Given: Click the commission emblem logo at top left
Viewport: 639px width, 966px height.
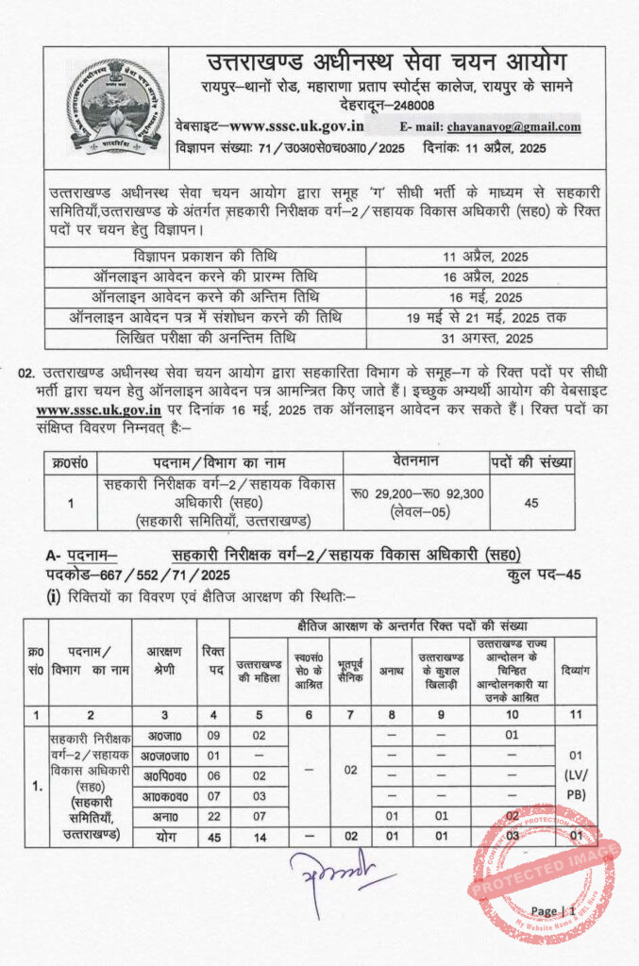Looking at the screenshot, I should point(108,107).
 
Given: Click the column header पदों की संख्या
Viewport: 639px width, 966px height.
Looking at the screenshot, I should point(531,462).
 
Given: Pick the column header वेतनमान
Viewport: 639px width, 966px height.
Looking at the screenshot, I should point(416,462).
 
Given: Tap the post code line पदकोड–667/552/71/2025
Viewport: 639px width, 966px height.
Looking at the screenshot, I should point(137,575).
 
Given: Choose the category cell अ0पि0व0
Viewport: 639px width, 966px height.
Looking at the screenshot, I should point(164,775).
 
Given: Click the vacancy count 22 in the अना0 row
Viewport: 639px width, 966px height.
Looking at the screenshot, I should point(212,816).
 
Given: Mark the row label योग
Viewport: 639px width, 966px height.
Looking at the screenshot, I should point(164,836).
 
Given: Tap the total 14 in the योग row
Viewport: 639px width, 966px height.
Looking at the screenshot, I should point(260,836).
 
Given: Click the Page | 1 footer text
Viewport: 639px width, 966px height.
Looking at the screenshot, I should point(553,911).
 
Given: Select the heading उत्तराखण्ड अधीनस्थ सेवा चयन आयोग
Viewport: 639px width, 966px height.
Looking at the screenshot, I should point(387,63).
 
